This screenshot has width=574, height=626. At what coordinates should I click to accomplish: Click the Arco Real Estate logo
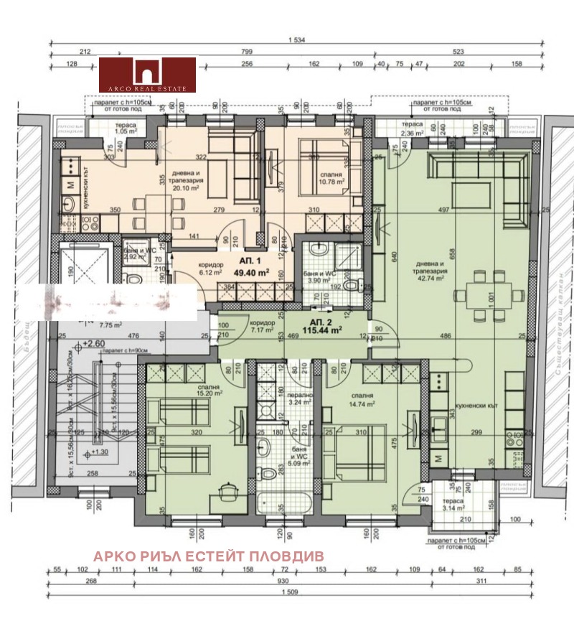point(147,75)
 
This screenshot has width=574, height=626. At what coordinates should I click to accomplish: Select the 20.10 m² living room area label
point(189,186)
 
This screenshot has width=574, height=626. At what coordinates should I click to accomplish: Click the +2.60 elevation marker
point(93,344)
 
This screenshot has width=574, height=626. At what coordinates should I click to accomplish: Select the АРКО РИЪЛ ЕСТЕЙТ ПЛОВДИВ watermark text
point(209,556)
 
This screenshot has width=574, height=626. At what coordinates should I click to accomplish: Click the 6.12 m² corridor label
point(210,268)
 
